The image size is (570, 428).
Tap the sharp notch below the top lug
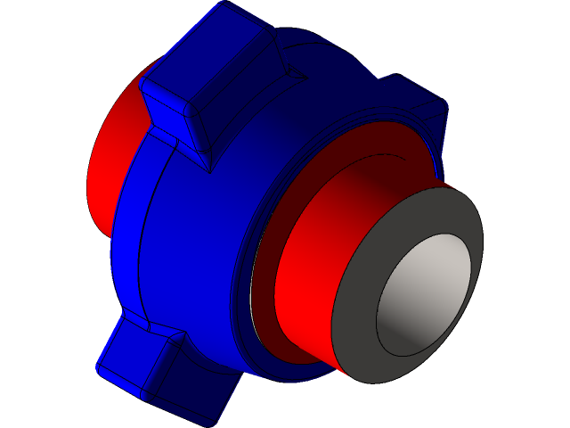click(209, 169)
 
